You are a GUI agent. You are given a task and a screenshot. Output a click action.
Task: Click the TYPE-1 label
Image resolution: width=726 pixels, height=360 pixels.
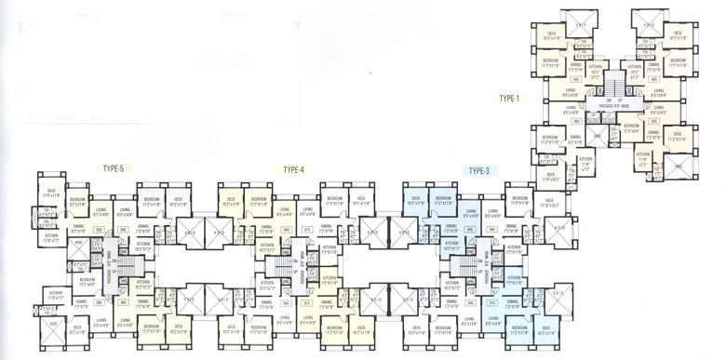click(x=509, y=98)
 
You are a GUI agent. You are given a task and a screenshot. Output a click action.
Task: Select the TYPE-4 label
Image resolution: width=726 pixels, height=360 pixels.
click(x=294, y=169)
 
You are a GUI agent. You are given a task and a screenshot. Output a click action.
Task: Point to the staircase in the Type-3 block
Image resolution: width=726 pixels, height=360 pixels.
click(x=459, y=270)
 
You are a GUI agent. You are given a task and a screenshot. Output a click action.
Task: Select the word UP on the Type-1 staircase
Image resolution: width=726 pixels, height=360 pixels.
click(x=619, y=99)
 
